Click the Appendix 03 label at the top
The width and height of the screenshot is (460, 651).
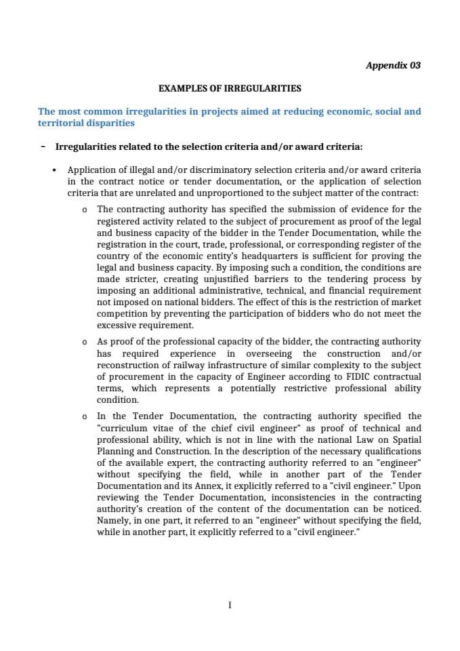(393, 65)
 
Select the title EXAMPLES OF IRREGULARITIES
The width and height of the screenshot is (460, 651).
(230, 88)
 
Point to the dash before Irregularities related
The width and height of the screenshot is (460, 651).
(43, 146)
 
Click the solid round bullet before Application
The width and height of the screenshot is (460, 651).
(54, 170)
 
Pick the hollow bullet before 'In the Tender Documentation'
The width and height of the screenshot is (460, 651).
(83, 416)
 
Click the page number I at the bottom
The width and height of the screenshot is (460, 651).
(230, 606)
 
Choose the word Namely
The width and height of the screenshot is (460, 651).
(116, 521)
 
